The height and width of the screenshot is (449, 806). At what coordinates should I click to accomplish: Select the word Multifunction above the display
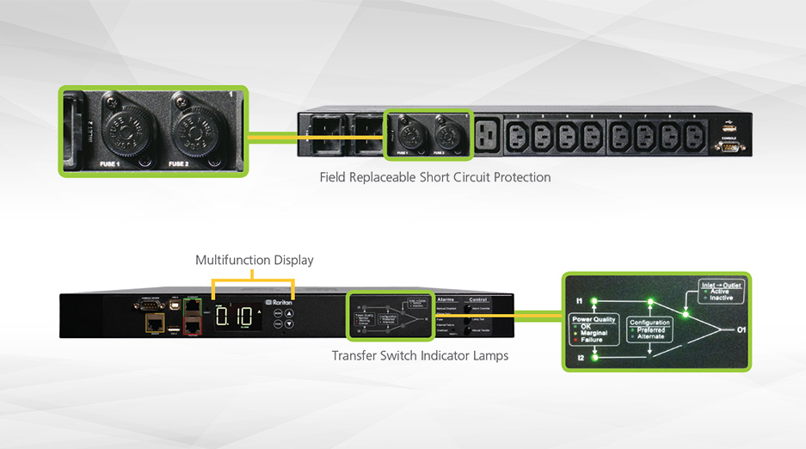[x=231, y=260]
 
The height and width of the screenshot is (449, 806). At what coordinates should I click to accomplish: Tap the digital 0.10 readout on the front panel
[x=235, y=317]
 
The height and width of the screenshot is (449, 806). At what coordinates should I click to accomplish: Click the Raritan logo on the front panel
[x=280, y=303]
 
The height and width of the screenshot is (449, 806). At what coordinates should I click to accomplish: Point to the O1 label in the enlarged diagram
[x=741, y=329]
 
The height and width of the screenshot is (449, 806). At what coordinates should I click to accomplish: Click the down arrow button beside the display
[x=290, y=324]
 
